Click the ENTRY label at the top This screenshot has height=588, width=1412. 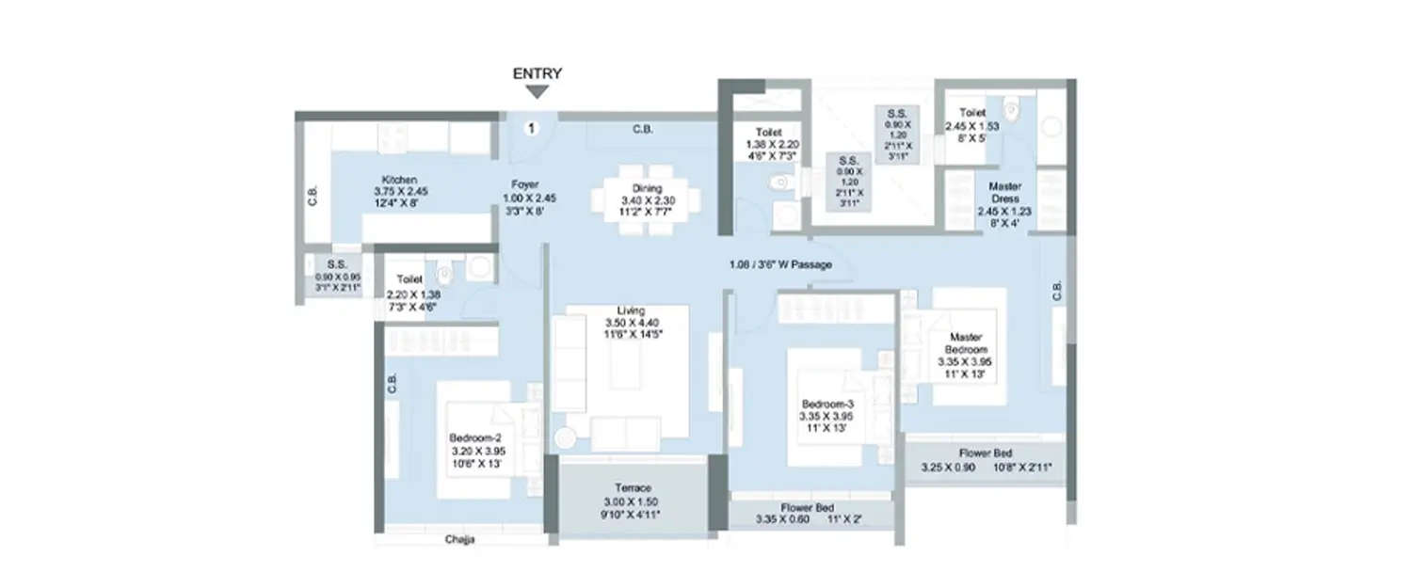[537, 73]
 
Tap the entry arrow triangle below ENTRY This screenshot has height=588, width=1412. [537, 91]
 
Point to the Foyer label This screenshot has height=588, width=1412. [525, 184]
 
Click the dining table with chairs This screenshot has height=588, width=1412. [647, 199]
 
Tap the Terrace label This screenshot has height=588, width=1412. [633, 488]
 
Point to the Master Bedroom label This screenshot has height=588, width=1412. [966, 337]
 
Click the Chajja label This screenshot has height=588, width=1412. [461, 540]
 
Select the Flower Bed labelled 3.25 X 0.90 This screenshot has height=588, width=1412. [986, 453]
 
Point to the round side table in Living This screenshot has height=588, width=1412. [565, 437]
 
